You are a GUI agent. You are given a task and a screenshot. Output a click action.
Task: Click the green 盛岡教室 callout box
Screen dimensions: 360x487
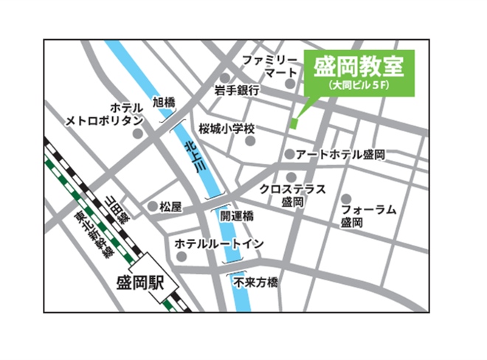(x=359, y=72)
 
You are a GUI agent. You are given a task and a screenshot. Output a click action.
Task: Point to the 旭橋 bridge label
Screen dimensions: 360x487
(x=163, y=103)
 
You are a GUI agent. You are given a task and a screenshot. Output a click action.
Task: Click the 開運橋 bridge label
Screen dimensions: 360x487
(x=237, y=217)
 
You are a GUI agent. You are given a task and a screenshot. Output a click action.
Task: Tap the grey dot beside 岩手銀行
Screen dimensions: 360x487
(x=224, y=77)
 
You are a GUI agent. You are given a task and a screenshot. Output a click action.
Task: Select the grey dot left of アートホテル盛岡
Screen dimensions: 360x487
(x=290, y=155)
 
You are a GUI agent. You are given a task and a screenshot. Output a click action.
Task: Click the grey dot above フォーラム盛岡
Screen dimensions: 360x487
(x=346, y=198)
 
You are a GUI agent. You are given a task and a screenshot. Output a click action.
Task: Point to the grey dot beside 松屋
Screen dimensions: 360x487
(x=153, y=207)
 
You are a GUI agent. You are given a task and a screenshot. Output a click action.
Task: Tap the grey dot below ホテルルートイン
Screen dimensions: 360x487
(x=182, y=257)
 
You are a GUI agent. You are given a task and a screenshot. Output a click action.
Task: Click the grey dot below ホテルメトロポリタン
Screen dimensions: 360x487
(x=138, y=134)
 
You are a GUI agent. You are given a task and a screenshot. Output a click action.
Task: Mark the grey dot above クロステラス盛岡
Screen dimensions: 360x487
(x=292, y=176)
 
